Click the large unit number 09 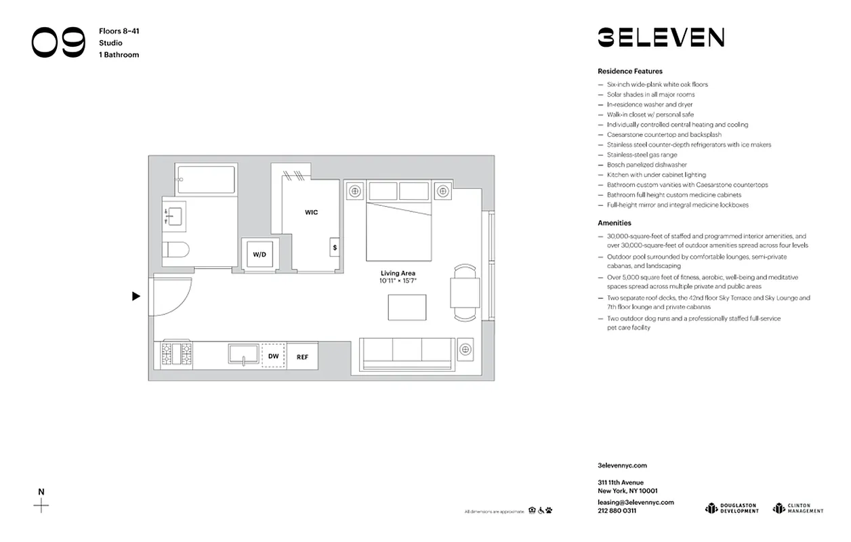pos(58,43)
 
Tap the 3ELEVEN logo pos(661,37)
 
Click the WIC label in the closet pos(311,212)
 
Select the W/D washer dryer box pos(260,255)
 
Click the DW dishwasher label pos(273,356)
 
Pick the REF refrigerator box pos(302,356)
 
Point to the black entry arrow pos(136,296)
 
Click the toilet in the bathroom pos(178,251)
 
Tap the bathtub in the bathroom pos(205,180)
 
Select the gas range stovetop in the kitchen pos(176,354)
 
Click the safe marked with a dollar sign pos(335,248)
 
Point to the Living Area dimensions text pos(398,280)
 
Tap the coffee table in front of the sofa pos(407,308)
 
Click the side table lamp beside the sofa pos(465,350)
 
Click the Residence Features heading pos(629,71)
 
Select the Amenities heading pos(614,223)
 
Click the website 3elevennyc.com pos(622,465)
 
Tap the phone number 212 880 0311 pos(617,510)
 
